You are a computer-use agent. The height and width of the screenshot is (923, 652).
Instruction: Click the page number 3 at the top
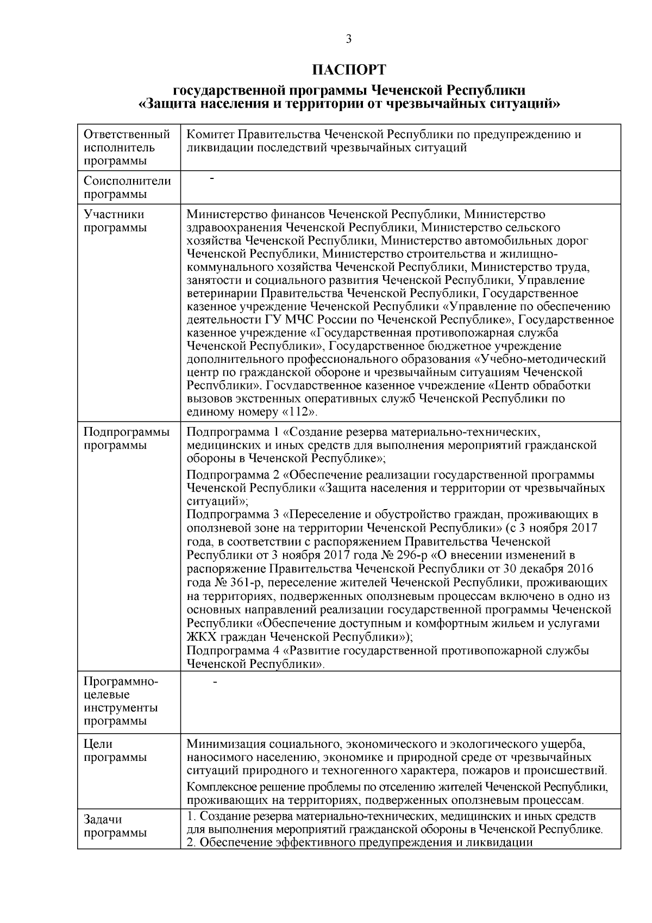(x=348, y=39)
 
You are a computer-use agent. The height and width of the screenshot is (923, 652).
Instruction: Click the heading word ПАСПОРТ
(x=349, y=70)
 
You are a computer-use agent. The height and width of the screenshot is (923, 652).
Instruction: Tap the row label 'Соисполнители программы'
(x=127, y=188)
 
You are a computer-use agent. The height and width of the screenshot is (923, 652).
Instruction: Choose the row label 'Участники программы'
(x=115, y=221)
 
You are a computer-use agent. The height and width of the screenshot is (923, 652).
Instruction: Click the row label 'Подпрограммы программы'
(x=126, y=439)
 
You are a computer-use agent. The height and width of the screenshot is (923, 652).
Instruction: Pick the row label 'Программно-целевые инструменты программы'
(x=121, y=701)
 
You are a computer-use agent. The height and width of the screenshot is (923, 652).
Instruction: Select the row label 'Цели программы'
(x=115, y=751)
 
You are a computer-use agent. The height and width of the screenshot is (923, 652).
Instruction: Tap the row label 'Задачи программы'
(x=115, y=826)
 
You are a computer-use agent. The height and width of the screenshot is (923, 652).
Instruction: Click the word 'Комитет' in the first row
(x=210, y=134)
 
